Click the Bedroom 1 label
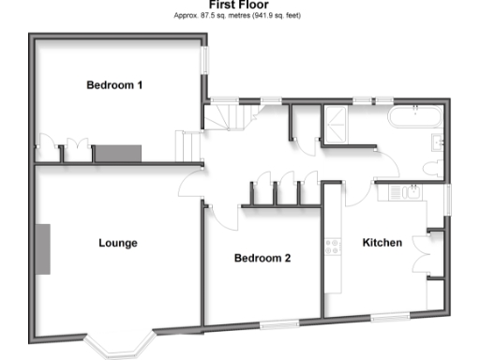coord(114,85)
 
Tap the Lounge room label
coord(118,243)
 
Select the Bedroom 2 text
coord(262,258)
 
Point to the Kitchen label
coord(382,243)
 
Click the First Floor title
coord(240,5)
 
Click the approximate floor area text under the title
coord(240,16)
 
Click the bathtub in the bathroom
coord(414,119)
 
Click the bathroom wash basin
coord(438,142)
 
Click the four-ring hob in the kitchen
coord(331,248)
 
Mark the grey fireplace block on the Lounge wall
coord(43,248)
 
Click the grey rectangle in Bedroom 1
coord(115,152)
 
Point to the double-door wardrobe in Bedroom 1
coord(74,150)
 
